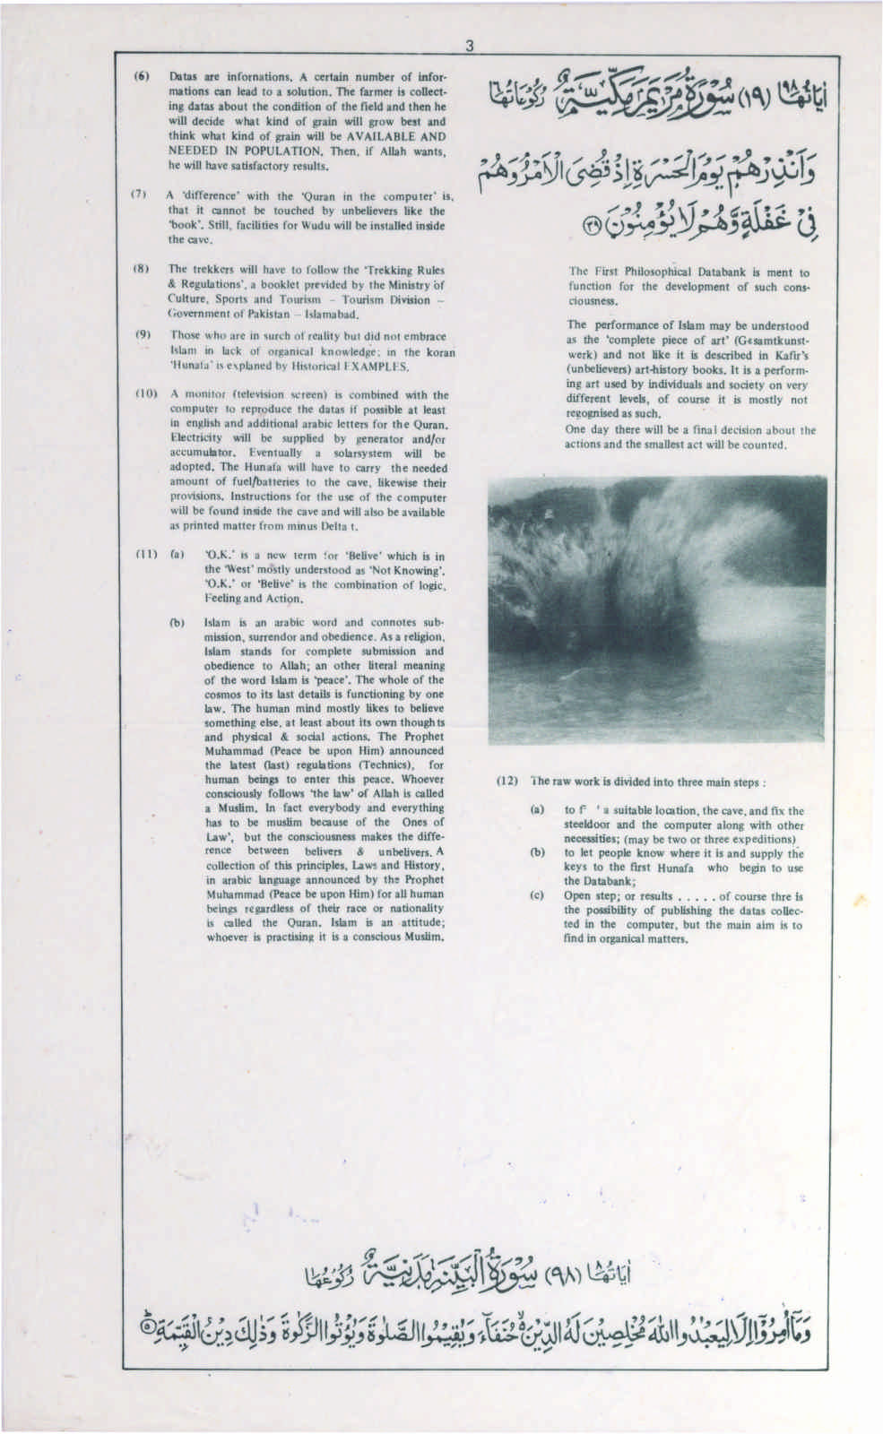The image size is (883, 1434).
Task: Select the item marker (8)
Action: click(x=142, y=269)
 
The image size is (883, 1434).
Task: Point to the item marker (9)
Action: click(x=142, y=333)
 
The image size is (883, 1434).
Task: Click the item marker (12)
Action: click(x=508, y=781)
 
